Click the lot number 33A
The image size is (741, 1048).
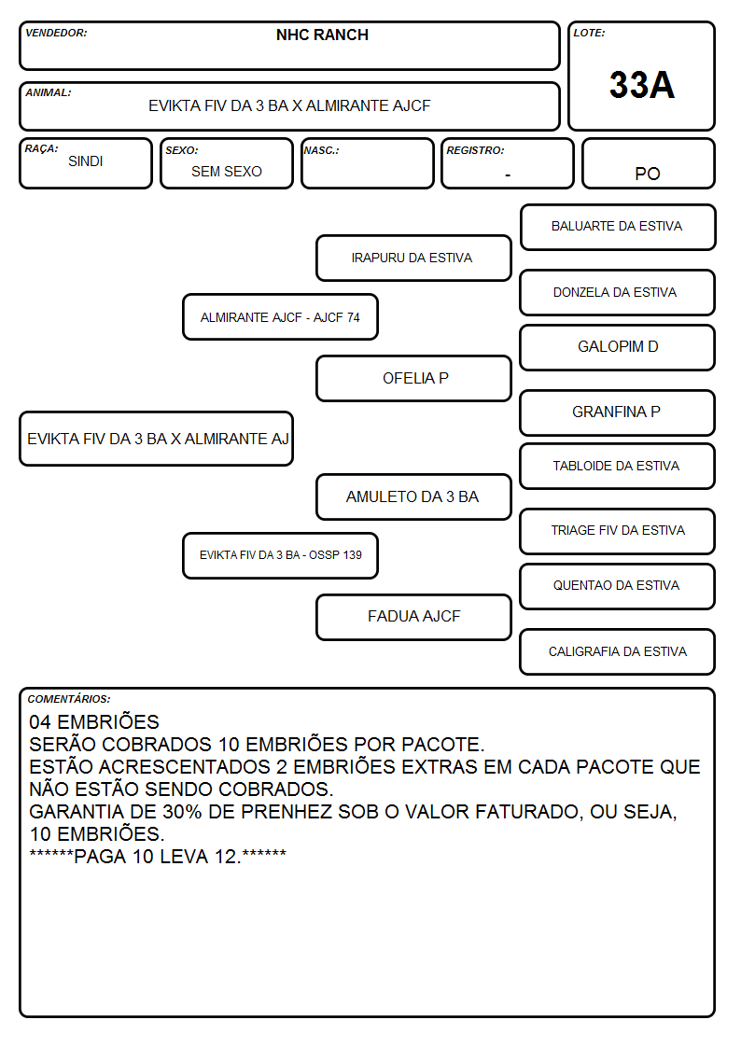(x=641, y=85)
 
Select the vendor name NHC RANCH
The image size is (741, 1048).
(x=322, y=35)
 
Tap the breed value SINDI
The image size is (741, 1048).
(x=86, y=161)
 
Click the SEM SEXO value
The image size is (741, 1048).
(x=227, y=172)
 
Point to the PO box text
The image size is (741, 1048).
(x=648, y=174)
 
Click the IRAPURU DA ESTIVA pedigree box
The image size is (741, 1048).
(x=413, y=258)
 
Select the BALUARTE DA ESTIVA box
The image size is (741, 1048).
(x=618, y=228)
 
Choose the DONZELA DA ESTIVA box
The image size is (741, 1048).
(x=617, y=292)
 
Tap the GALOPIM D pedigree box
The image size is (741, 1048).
(x=617, y=347)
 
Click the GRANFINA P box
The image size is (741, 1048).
(x=617, y=412)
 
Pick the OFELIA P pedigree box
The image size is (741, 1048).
(x=413, y=378)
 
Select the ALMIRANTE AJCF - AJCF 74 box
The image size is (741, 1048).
(x=280, y=316)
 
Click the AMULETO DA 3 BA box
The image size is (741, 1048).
(x=413, y=496)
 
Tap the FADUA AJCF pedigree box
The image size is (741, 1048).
(x=413, y=617)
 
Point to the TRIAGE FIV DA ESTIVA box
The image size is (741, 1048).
(x=617, y=531)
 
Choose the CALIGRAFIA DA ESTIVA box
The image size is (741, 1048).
(x=617, y=651)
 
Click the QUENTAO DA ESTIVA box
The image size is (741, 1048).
(x=617, y=586)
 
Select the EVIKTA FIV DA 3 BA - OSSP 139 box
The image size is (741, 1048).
(x=280, y=555)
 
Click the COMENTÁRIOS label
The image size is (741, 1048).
(x=69, y=699)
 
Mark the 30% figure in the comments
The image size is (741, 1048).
(x=182, y=812)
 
